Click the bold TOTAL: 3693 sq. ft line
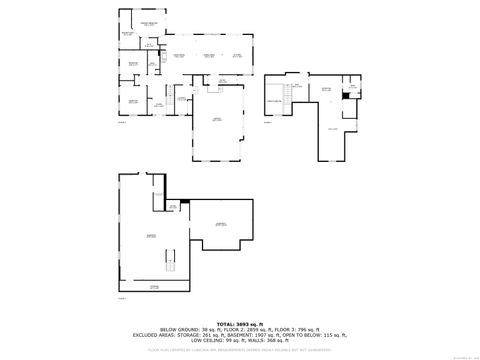pos(239,323)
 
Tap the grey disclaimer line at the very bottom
pos(239,350)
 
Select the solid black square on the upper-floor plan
pos(345,96)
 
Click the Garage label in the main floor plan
pos(217,119)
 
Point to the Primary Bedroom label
pos(149,22)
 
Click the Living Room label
pos(180,55)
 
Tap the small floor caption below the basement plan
pos(122,298)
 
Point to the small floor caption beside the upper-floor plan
pos(267,121)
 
